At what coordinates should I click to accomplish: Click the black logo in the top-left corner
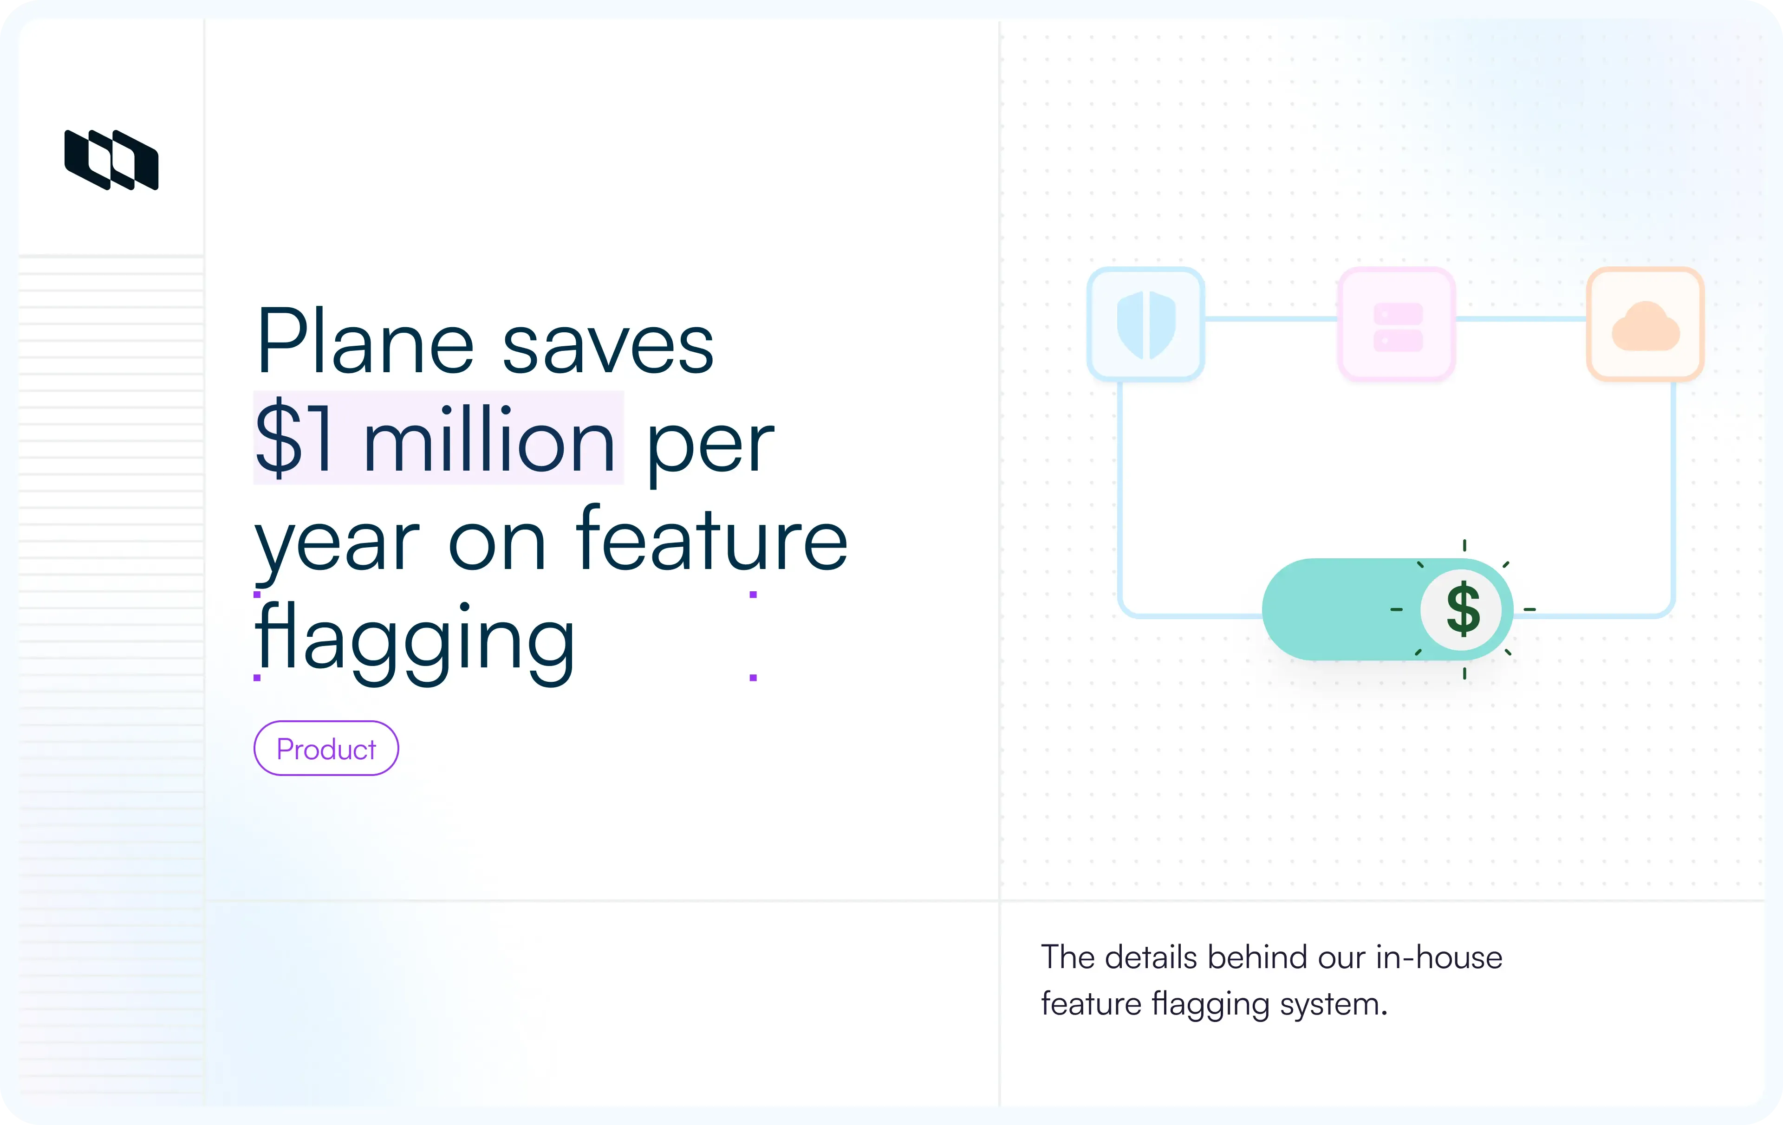pos(111,160)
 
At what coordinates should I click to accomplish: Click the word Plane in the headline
pos(364,342)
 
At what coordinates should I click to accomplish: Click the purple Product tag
pos(326,748)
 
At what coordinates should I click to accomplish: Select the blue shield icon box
pos(1145,324)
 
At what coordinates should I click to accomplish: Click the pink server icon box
pos(1397,324)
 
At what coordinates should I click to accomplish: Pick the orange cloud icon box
pos(1645,324)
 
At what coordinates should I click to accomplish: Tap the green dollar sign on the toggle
pos(1463,609)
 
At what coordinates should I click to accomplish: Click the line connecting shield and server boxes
pos(1270,319)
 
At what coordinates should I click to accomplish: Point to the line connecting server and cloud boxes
pos(1521,319)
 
